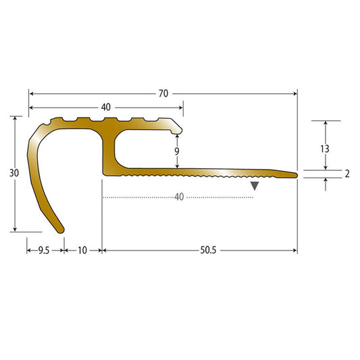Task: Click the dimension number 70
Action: coord(163,94)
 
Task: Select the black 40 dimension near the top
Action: coord(106,107)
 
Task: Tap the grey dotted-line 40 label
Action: coord(179,197)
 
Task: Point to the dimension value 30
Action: coord(14,173)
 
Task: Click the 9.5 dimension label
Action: coord(44,251)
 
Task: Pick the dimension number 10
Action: coord(82,251)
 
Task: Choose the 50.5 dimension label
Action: coord(208,251)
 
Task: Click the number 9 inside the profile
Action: coord(177,151)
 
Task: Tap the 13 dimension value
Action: coord(325,149)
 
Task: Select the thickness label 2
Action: coord(347,174)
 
